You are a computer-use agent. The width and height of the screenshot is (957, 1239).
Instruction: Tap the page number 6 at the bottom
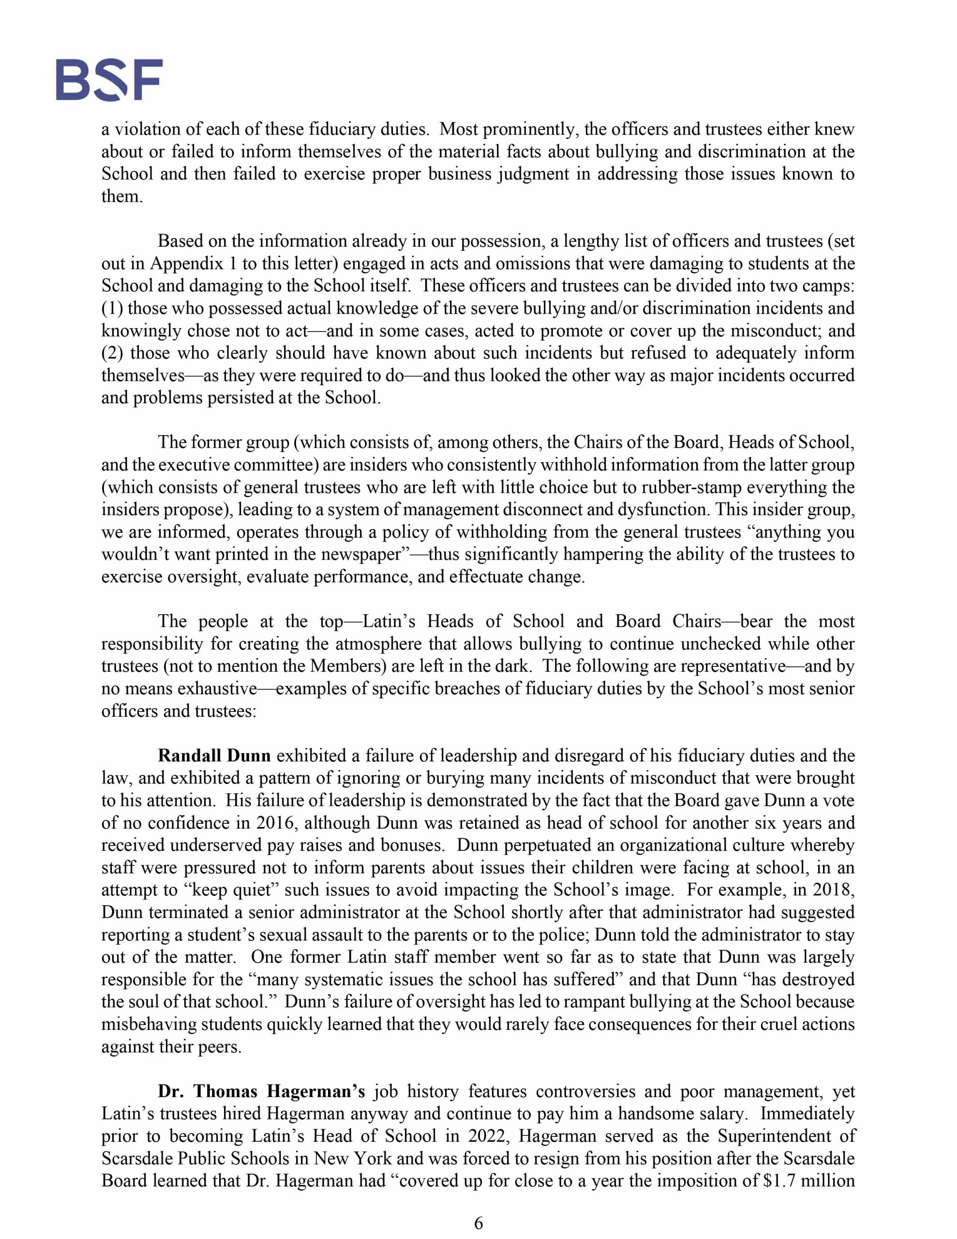point(478,1223)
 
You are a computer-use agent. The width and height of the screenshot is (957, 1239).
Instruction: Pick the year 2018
point(834,890)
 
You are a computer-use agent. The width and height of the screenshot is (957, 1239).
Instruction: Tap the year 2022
point(488,1136)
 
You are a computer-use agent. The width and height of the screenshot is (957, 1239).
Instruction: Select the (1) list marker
point(112,309)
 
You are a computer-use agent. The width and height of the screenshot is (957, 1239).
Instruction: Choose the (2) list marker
point(112,353)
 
